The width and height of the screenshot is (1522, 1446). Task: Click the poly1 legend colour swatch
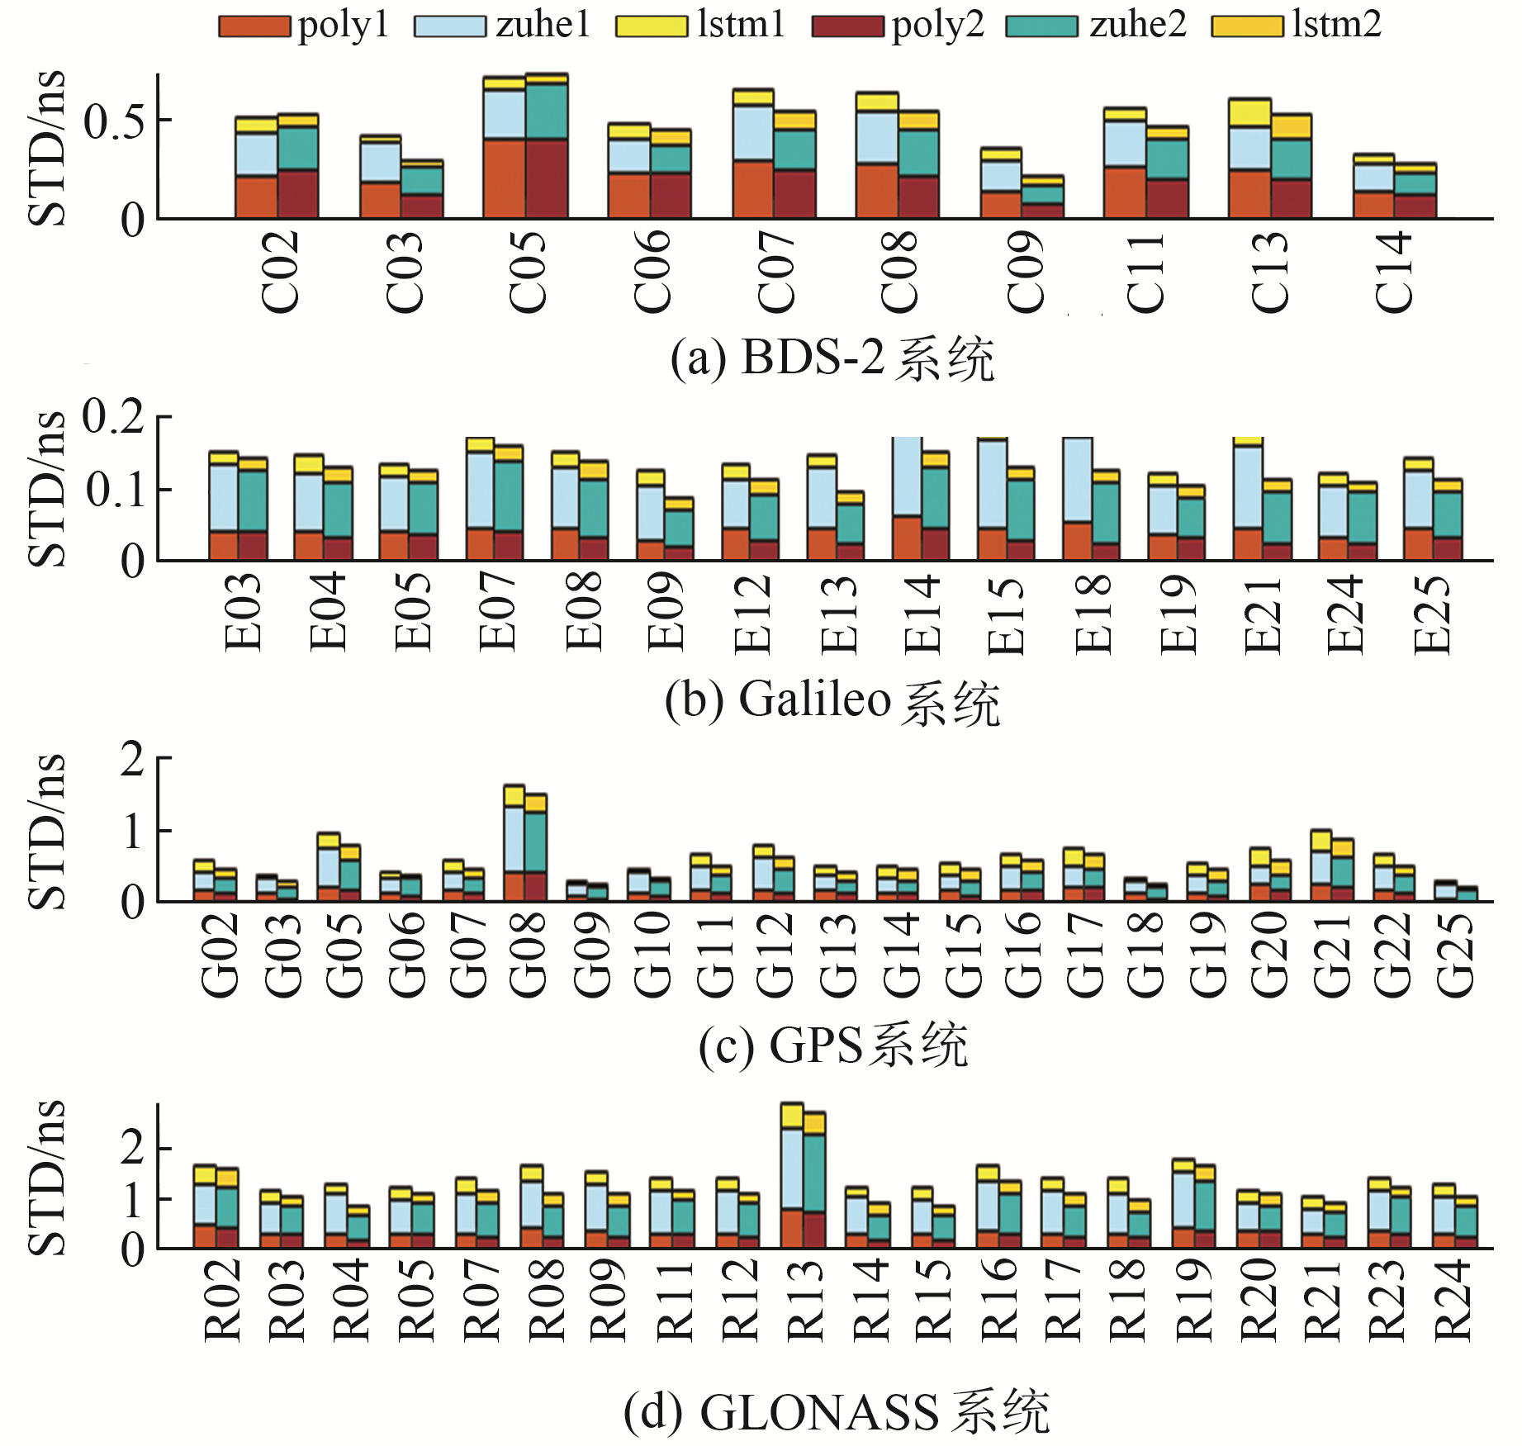[x=254, y=26]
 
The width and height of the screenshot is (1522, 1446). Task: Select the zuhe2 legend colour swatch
[x=1041, y=26]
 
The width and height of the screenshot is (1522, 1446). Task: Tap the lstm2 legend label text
[x=1336, y=25]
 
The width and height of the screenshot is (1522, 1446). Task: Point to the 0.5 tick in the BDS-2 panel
[x=114, y=121]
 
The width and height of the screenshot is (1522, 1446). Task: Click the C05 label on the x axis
[x=527, y=271]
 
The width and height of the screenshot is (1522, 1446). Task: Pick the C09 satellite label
[x=1024, y=271]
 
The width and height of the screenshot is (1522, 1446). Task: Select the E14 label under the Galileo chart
[x=922, y=614]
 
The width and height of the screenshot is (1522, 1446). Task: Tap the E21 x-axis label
[x=1263, y=614]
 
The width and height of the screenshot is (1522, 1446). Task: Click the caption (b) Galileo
[x=832, y=701]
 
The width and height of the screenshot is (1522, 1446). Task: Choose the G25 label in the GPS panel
[x=1455, y=954]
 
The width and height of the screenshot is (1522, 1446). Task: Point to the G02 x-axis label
[x=220, y=954]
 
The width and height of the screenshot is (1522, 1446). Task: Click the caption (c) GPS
[x=832, y=1045]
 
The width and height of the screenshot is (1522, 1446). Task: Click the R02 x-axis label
[x=222, y=1299]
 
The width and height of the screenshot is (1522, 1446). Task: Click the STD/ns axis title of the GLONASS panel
[x=47, y=1177]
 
